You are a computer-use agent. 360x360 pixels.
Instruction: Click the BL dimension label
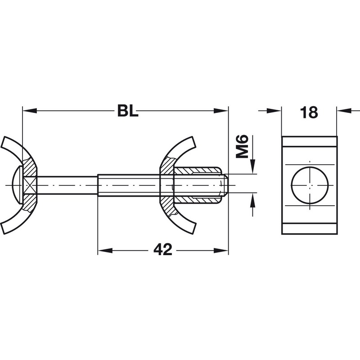[128, 111]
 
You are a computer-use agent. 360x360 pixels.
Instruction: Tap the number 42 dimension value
[163, 250]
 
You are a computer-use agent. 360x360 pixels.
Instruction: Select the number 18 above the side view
[309, 112]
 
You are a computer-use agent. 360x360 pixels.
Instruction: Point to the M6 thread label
[243, 147]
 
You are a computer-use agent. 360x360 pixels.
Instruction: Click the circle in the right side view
[310, 185]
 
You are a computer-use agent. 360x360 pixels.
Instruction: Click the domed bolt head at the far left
[17, 185]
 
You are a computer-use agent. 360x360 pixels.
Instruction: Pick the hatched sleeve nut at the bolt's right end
[198, 185]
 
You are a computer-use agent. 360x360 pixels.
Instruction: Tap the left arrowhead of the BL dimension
[30, 111]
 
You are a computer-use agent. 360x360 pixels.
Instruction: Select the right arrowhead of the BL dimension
[221, 111]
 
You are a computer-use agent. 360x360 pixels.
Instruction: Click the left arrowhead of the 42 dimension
[105, 250]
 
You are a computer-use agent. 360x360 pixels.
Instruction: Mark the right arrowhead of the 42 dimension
[221, 250]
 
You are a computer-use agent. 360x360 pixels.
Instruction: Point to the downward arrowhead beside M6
[253, 166]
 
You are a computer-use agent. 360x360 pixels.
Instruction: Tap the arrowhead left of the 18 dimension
[274, 111]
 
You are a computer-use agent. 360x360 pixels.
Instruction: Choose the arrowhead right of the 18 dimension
[344, 111]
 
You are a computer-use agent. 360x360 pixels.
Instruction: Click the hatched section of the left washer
[30, 185]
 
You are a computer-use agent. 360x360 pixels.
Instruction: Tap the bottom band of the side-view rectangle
[310, 229]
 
